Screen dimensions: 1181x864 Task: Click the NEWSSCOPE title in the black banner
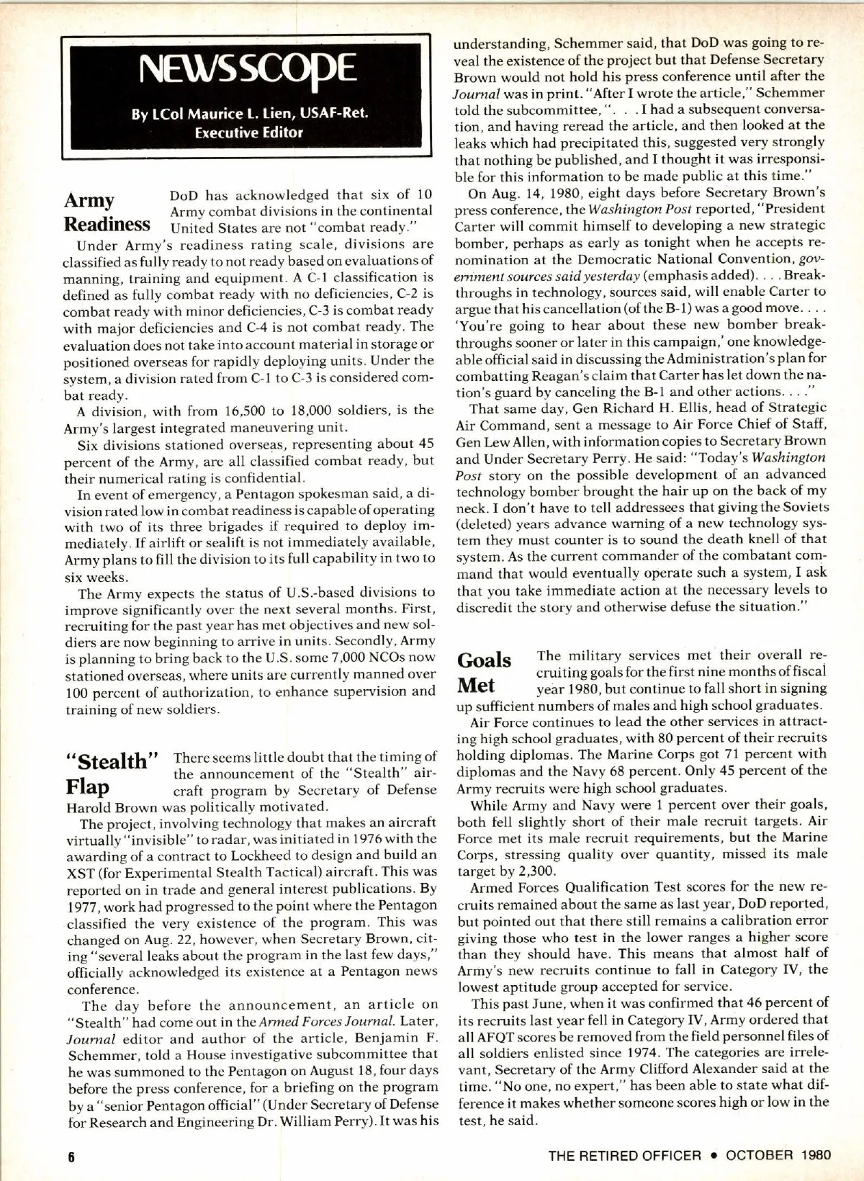[x=248, y=70]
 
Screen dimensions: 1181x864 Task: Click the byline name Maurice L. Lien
[x=225, y=114]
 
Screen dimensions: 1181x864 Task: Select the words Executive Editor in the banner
[x=248, y=132]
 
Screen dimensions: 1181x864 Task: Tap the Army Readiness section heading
[x=107, y=211]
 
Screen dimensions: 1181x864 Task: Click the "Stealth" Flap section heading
[x=112, y=773]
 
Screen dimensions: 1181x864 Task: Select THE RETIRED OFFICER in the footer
[x=624, y=1155]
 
